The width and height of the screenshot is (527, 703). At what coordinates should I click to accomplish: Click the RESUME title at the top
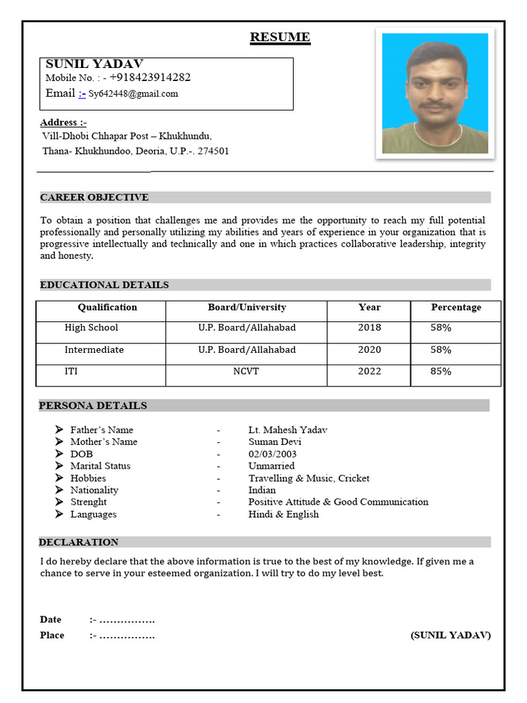pyautogui.click(x=280, y=37)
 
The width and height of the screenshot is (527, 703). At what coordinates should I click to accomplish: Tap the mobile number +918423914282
pyautogui.click(x=150, y=78)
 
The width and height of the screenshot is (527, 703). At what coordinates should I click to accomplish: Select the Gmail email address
pyautogui.click(x=133, y=94)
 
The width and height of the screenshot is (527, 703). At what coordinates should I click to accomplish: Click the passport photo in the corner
pyautogui.click(x=435, y=93)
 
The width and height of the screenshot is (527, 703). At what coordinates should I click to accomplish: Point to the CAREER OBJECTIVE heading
pyautogui.click(x=94, y=198)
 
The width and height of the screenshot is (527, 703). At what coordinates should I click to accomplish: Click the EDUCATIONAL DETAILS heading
pyautogui.click(x=104, y=285)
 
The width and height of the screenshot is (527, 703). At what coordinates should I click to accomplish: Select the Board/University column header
pyautogui.click(x=246, y=308)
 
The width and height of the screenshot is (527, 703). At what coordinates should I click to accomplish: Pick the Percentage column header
pyautogui.click(x=456, y=308)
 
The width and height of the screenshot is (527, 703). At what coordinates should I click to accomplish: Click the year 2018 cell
pyautogui.click(x=369, y=328)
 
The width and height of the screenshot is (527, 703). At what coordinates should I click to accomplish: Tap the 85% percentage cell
pyautogui.click(x=441, y=372)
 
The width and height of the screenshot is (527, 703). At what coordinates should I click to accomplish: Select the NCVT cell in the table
pyautogui.click(x=246, y=372)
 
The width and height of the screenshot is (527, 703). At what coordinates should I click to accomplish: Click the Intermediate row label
pyautogui.click(x=94, y=350)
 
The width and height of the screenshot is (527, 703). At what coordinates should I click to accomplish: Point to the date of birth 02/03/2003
pyautogui.click(x=272, y=454)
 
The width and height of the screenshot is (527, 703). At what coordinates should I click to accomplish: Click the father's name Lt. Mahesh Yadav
pyautogui.click(x=288, y=430)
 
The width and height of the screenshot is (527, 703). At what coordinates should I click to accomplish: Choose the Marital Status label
pyautogui.click(x=100, y=466)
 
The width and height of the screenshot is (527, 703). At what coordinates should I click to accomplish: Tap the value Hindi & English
pyautogui.click(x=283, y=514)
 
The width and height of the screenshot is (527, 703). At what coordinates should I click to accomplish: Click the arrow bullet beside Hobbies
pyautogui.click(x=59, y=478)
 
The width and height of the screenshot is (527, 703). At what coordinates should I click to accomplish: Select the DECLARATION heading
pyautogui.click(x=79, y=542)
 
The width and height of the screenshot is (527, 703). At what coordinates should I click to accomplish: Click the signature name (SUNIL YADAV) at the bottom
pyautogui.click(x=450, y=636)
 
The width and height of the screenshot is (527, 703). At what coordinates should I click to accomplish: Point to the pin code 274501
pyautogui.click(x=213, y=151)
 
